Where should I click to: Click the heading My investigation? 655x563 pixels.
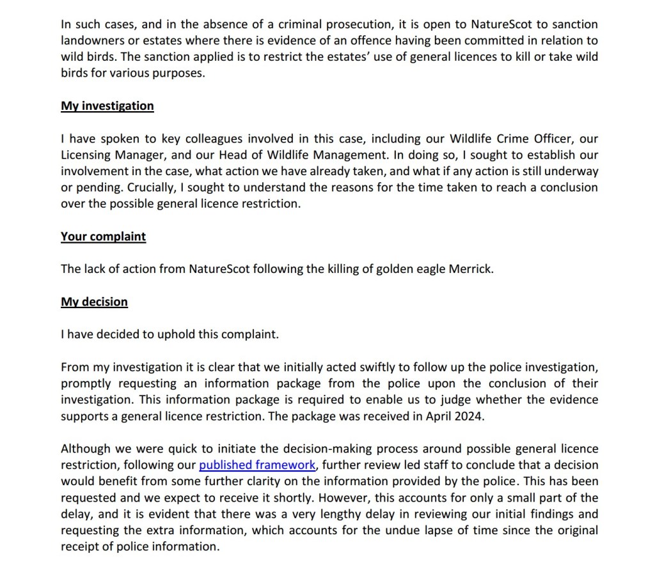pyautogui.click(x=107, y=105)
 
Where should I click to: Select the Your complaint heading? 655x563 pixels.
pyautogui.click(x=103, y=236)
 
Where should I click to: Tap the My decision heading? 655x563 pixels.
pyautogui.click(x=94, y=302)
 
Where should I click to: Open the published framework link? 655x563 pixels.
pyautogui.click(x=257, y=465)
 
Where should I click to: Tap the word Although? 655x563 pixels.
pyautogui.click(x=86, y=449)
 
